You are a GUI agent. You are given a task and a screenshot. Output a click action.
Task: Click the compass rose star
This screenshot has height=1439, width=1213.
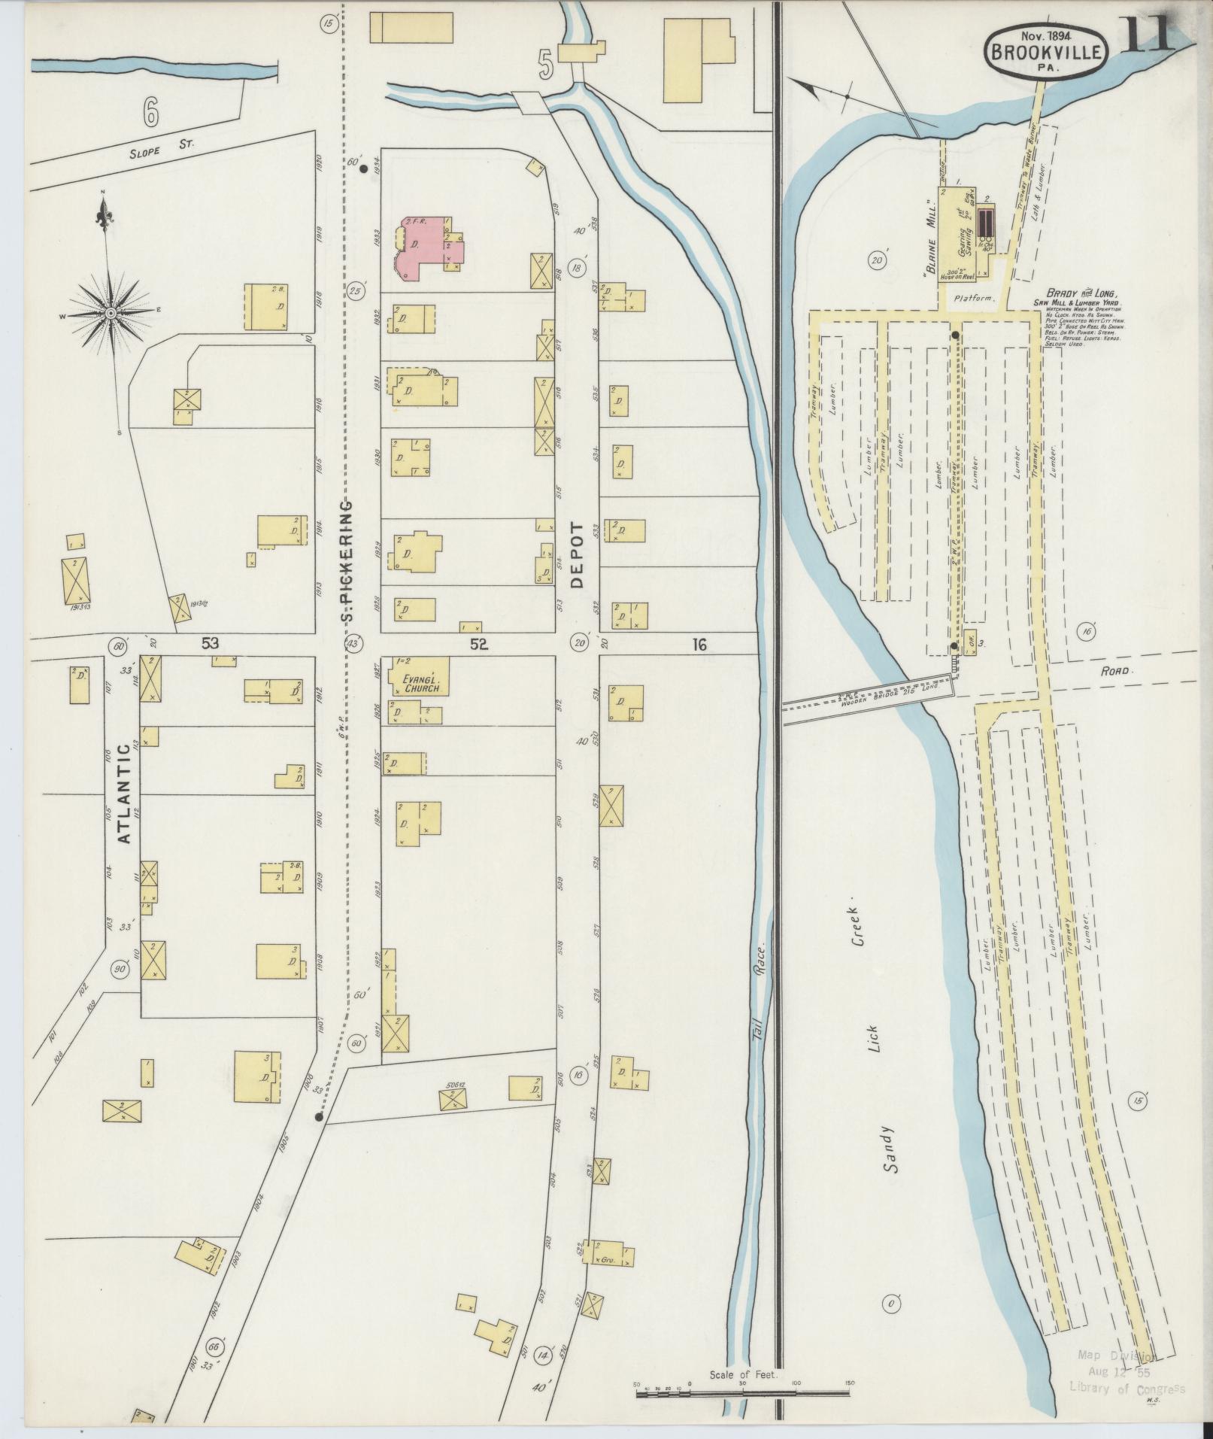pyautogui.click(x=111, y=312)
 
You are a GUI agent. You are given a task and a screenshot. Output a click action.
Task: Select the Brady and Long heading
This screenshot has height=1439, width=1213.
pyautogui.click(x=1082, y=293)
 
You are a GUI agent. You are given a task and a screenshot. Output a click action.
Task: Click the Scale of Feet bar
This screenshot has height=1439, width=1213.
pyautogui.click(x=744, y=1393)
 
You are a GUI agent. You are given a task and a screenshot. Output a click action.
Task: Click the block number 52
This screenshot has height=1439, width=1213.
pyautogui.click(x=478, y=644)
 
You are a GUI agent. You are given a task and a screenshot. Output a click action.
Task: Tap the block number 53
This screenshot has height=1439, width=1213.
pyautogui.click(x=210, y=642)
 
